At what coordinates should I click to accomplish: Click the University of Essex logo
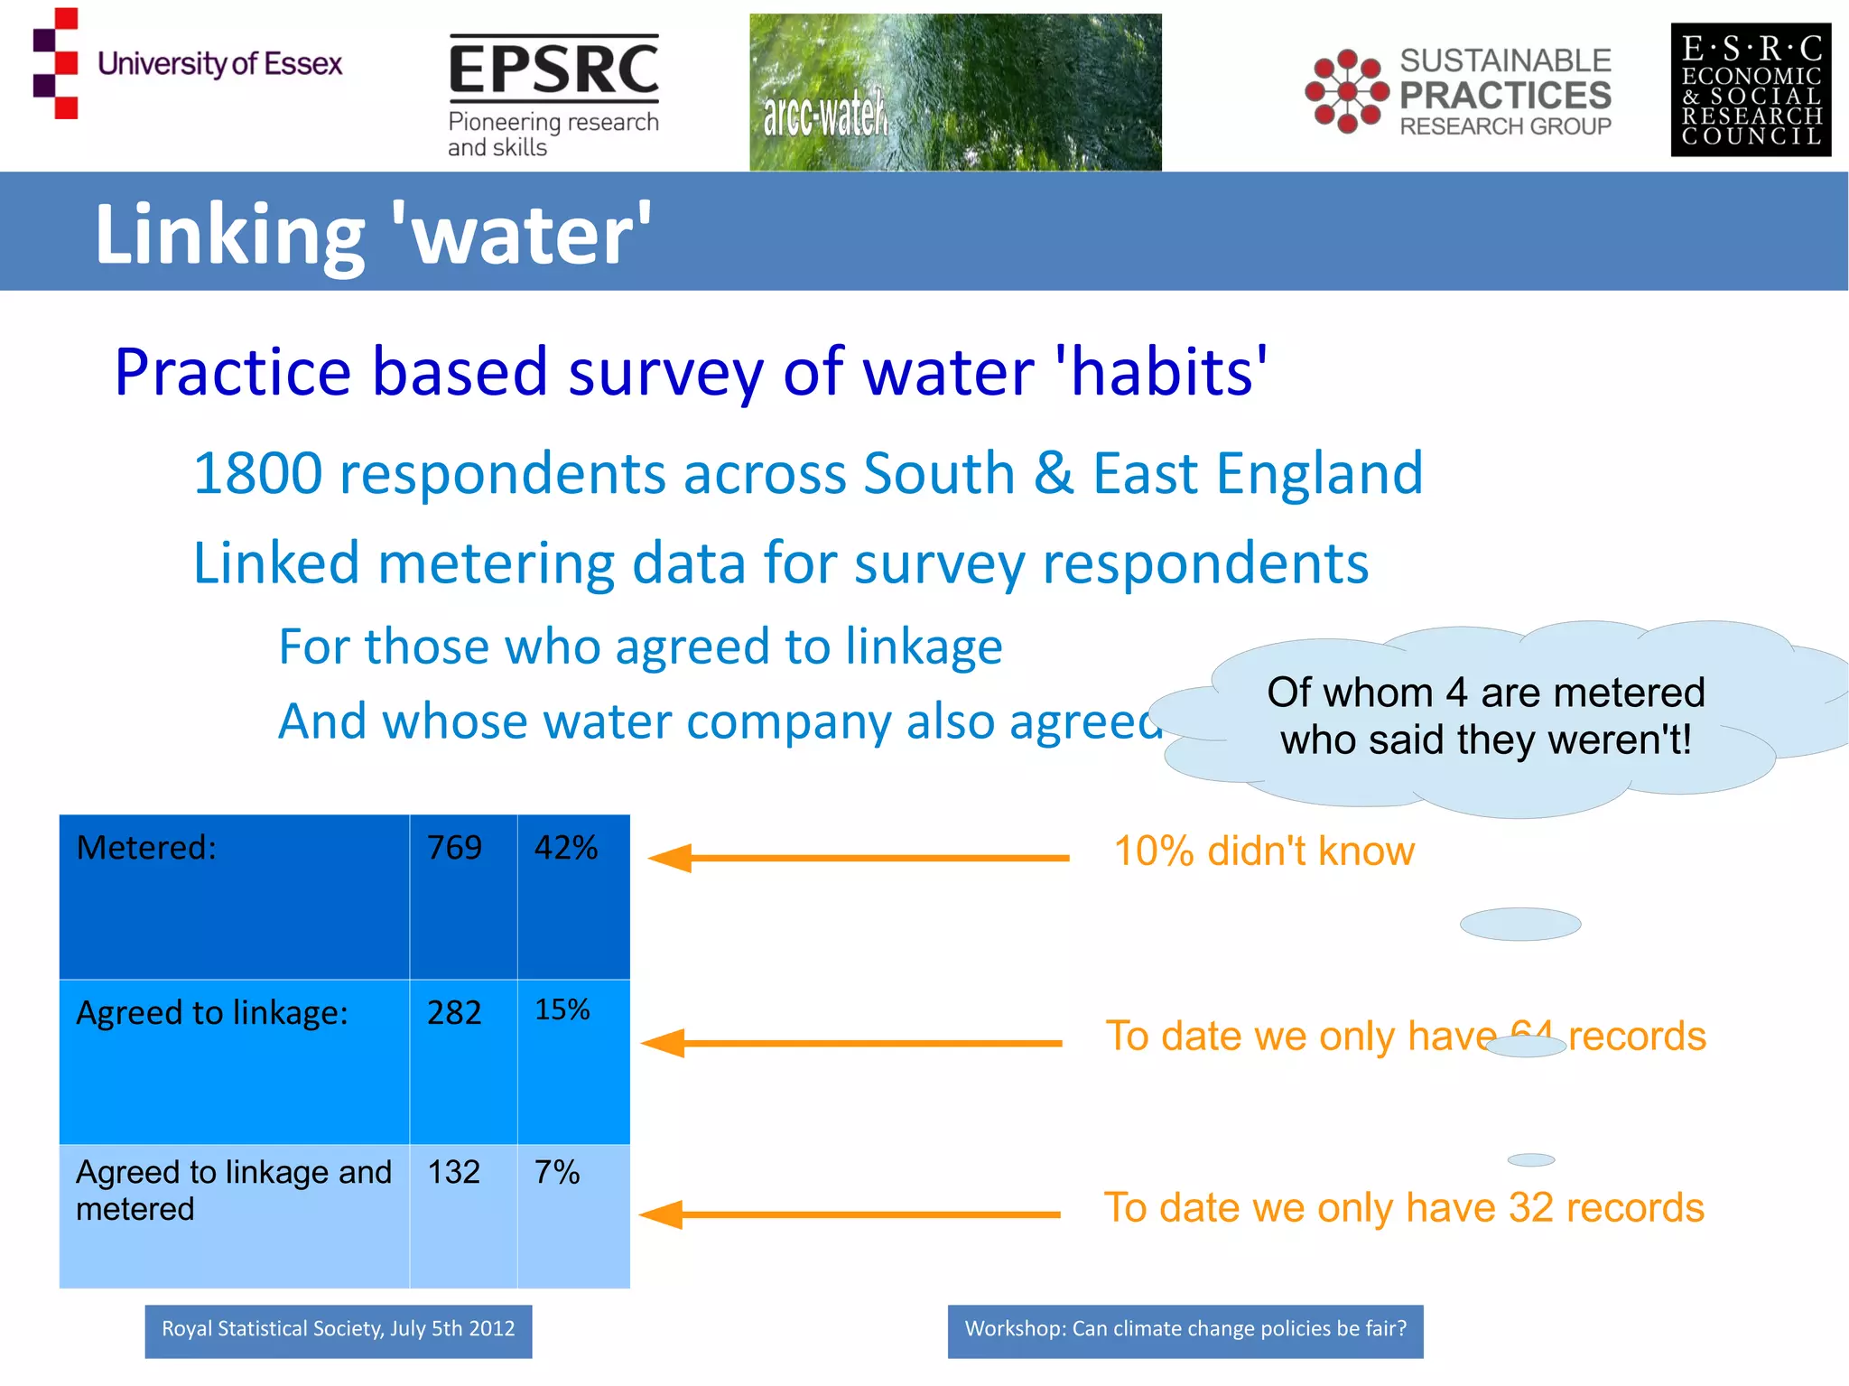tap(187, 63)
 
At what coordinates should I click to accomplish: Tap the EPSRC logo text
tap(553, 69)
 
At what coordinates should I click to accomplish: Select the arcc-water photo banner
tap(955, 92)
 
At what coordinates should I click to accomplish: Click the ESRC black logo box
tap(1750, 90)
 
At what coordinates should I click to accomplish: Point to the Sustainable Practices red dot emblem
tap(1346, 91)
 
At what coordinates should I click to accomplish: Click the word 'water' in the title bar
tap(522, 235)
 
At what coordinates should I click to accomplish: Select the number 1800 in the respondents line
tap(258, 473)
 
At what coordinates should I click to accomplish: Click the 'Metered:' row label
tap(146, 848)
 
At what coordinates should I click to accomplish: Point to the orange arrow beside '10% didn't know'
tap(858, 858)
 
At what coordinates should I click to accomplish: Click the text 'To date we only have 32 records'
tap(1404, 1208)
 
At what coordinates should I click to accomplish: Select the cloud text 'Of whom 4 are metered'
tap(1485, 693)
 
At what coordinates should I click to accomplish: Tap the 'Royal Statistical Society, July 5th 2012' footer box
tap(338, 1330)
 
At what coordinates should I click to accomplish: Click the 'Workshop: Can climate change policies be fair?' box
tap(1185, 1330)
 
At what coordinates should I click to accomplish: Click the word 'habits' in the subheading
tap(1163, 372)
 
